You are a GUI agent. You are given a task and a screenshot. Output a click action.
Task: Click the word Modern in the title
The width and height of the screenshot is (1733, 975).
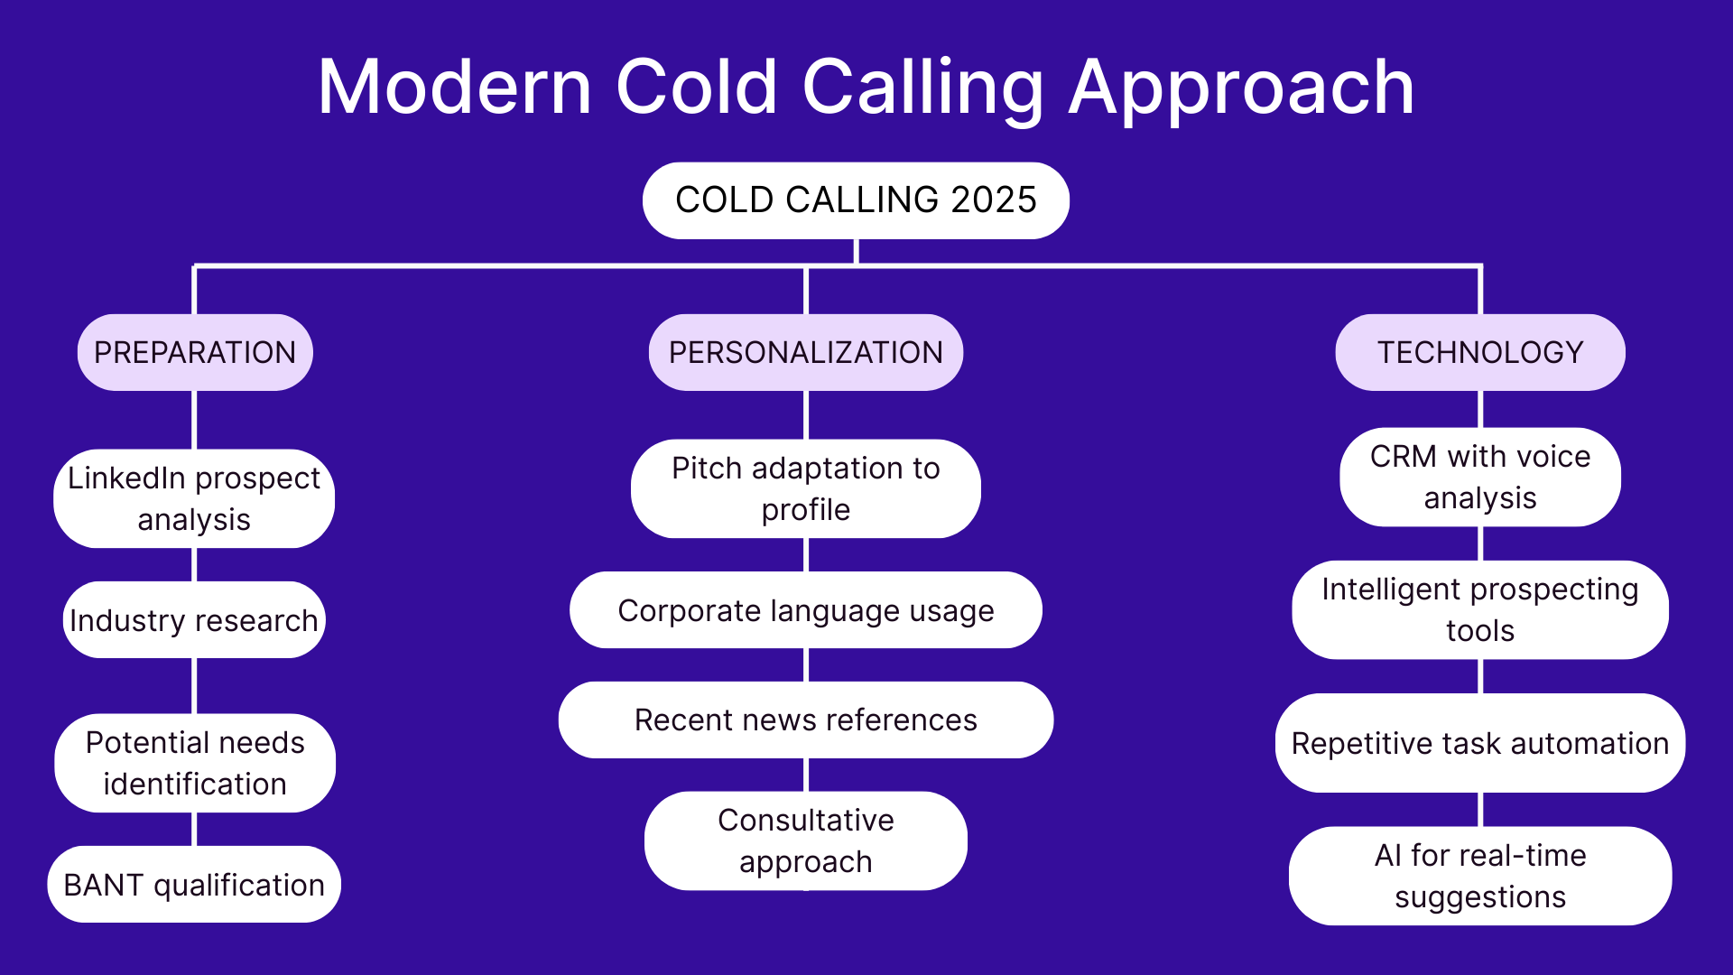pyautogui.click(x=454, y=88)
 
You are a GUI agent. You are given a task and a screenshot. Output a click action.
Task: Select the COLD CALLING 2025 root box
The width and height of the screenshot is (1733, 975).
pyautogui.click(x=856, y=200)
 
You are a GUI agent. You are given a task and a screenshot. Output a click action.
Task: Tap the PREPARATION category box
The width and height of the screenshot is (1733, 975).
pyautogui.click(x=195, y=352)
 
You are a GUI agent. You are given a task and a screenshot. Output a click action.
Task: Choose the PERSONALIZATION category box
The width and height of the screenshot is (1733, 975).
pyautogui.click(x=805, y=352)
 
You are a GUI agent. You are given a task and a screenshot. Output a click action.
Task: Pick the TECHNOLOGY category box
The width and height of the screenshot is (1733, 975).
pyautogui.click(x=1480, y=352)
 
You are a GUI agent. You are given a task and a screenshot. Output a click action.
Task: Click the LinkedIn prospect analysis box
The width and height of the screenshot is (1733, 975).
pyautogui.click(x=194, y=498)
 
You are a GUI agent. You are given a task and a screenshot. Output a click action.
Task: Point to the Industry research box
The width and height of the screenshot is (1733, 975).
pyautogui.click(x=194, y=620)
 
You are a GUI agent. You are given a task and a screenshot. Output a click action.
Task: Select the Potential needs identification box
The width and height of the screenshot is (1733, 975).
pyautogui.click(x=195, y=763)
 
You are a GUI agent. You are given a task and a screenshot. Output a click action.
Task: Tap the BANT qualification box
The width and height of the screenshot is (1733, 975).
pyautogui.click(x=194, y=885)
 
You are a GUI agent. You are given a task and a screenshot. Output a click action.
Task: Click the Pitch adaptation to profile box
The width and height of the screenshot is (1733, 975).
pyautogui.click(x=805, y=488)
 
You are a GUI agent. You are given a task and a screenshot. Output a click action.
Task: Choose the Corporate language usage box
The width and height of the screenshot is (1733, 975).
pyautogui.click(x=805, y=610)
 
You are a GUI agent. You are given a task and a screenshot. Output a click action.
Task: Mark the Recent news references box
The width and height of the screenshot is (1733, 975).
pyautogui.click(x=805, y=720)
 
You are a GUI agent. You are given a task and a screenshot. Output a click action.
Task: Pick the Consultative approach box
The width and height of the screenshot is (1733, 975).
pyautogui.click(x=805, y=840)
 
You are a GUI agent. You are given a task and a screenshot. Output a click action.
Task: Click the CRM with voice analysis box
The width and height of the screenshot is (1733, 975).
pyautogui.click(x=1480, y=477)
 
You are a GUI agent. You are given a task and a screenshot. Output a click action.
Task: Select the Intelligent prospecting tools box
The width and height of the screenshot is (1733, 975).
pyautogui.click(x=1480, y=609)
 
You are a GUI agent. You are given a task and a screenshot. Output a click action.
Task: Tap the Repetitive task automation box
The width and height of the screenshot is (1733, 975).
pyautogui.click(x=1480, y=743)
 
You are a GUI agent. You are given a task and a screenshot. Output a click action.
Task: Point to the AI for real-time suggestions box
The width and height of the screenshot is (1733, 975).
pyautogui.click(x=1480, y=876)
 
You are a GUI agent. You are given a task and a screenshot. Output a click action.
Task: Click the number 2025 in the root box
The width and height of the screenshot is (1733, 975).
pyautogui.click(x=994, y=200)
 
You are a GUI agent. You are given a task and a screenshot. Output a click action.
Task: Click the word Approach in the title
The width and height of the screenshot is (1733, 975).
pyautogui.click(x=1241, y=88)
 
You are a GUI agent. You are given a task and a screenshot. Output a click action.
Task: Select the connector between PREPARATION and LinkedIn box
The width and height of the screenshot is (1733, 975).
pyautogui.click(x=195, y=420)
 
